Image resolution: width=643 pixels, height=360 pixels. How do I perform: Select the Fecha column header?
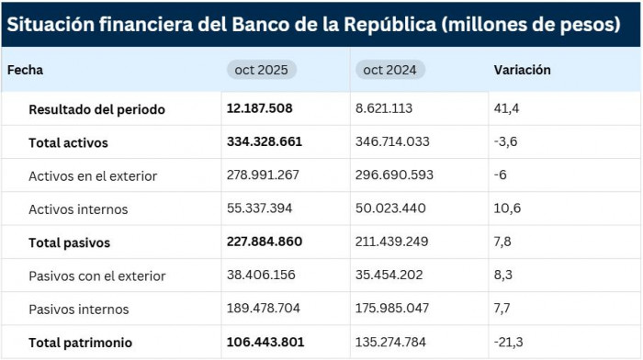click(x=26, y=70)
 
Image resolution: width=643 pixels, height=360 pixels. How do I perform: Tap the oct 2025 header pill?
click(x=262, y=70)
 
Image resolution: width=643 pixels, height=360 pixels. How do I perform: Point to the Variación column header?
click(x=522, y=70)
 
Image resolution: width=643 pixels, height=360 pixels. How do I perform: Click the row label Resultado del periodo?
click(x=96, y=109)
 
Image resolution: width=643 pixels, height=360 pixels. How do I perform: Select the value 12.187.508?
click(x=260, y=108)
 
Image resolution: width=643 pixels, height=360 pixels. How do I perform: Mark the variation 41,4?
click(x=507, y=108)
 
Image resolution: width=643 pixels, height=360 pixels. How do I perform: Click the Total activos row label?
click(x=68, y=142)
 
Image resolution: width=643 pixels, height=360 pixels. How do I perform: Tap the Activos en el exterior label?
click(x=93, y=175)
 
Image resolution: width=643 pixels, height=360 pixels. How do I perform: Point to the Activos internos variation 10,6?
click(x=507, y=208)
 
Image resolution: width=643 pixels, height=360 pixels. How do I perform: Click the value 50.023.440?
click(x=390, y=208)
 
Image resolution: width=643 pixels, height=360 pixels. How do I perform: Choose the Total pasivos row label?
click(x=70, y=242)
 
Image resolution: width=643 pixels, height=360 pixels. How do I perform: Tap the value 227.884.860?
click(x=265, y=242)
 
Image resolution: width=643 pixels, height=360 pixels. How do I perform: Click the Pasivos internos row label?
click(x=79, y=309)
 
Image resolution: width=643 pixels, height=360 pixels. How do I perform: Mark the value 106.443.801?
click(x=265, y=343)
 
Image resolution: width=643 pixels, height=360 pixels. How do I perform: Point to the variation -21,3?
click(x=509, y=343)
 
